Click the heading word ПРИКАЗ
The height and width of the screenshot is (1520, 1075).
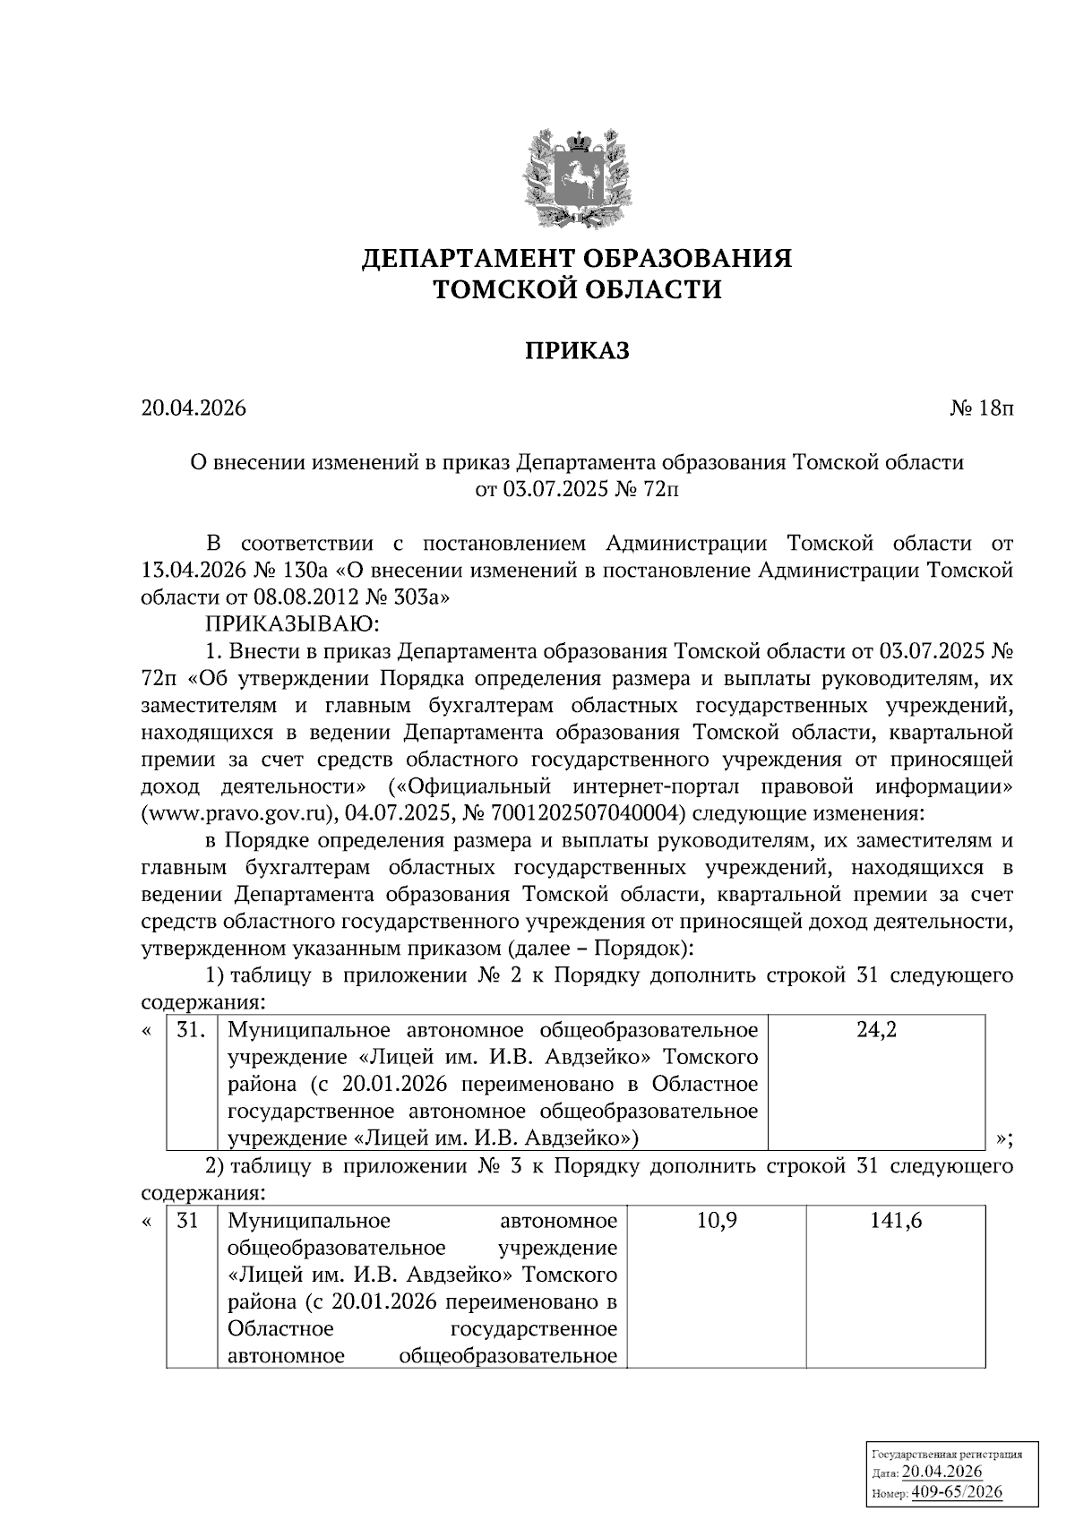pos(576,351)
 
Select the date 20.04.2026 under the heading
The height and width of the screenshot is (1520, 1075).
pos(193,409)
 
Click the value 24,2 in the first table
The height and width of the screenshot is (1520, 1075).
pos(876,1030)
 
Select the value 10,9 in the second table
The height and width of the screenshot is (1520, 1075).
pos(716,1221)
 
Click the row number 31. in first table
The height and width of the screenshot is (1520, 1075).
pos(191,1030)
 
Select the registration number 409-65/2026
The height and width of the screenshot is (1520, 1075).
pos(957,1492)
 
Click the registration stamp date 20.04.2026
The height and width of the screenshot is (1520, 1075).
pos(942,1473)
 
